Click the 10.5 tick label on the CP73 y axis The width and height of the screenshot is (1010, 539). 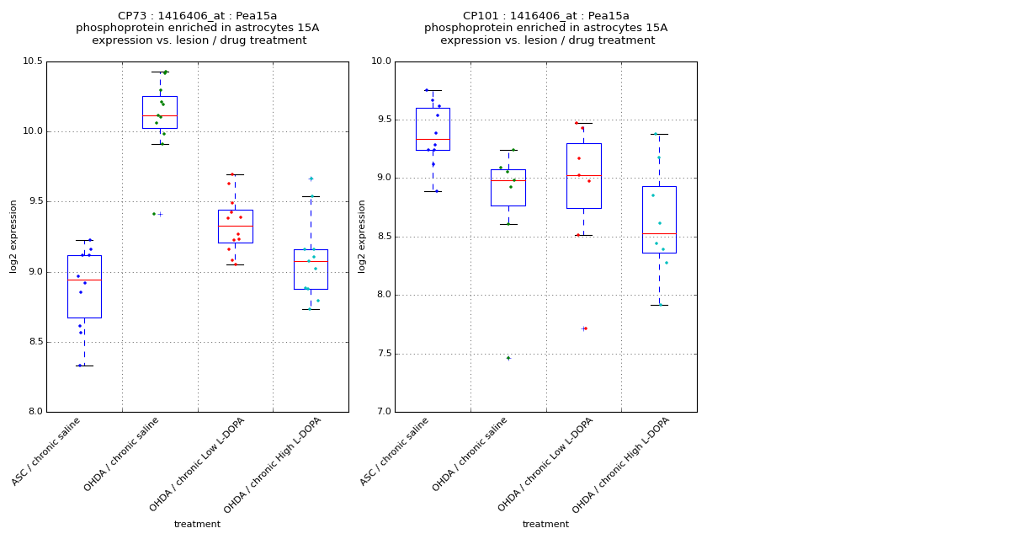[32, 61]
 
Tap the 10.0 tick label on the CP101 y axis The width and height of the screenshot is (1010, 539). [380, 61]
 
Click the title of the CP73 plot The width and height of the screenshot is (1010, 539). [198, 28]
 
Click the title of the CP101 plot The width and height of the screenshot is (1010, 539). [546, 28]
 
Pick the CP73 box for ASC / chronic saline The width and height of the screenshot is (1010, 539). [84, 299]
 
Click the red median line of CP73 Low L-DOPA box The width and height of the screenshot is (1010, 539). [235, 226]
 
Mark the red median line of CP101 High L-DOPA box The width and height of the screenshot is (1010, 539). [659, 233]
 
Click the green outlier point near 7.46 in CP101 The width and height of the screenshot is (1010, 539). [508, 358]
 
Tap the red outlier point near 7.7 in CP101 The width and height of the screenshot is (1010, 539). [585, 328]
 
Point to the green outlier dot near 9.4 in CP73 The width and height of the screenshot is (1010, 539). [154, 214]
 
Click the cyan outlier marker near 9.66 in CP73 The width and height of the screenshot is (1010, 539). [311, 179]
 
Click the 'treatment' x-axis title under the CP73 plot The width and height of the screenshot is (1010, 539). [197, 525]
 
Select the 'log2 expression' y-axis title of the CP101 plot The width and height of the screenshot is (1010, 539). [362, 236]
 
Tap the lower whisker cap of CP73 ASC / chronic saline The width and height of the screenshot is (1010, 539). [84, 366]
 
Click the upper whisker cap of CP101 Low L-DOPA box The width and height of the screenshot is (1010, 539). [583, 124]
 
